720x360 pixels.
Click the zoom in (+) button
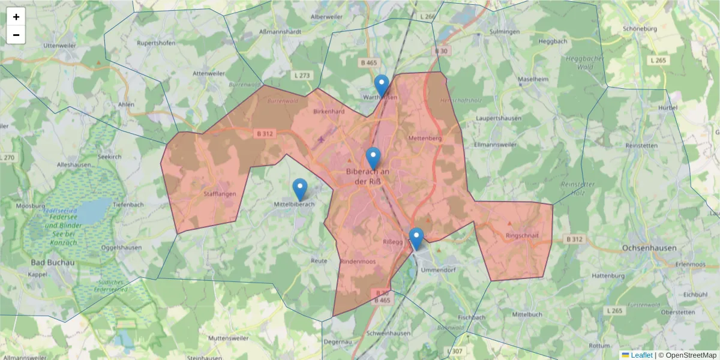(16, 17)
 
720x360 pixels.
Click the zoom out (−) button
(16, 35)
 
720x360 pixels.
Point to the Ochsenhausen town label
(649, 248)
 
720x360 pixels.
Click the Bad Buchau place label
(52, 262)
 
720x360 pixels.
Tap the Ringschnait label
(523, 235)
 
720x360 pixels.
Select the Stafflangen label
(220, 194)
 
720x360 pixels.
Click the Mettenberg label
(424, 139)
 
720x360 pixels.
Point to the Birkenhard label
(329, 112)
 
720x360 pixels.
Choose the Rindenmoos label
(357, 262)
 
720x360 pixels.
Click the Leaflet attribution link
(641, 355)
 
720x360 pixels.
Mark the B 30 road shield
(441, 51)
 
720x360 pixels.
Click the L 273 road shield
(303, 75)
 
